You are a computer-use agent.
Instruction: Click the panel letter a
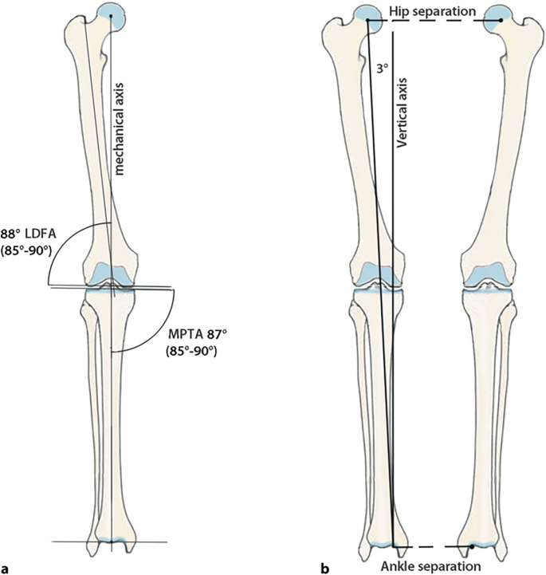[x=6, y=568]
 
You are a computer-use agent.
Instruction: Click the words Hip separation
[x=434, y=10]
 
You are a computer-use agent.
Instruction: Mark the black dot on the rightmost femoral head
[x=500, y=19]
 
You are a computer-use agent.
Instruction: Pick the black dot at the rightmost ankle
[x=472, y=547]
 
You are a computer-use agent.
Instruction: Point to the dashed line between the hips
[x=434, y=22]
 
